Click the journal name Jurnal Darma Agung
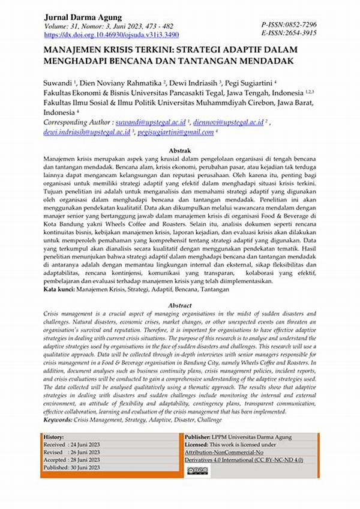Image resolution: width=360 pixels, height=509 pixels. tap(83, 17)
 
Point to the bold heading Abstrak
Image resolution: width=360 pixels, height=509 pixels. tap(180, 150)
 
